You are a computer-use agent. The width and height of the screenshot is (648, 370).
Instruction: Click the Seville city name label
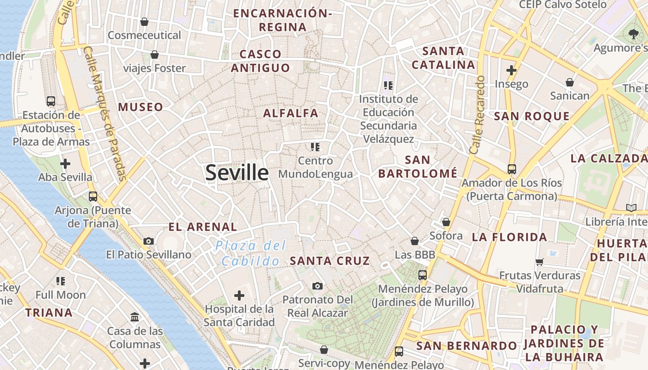pos(237,173)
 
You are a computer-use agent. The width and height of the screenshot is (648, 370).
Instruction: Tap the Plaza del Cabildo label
pos(251,253)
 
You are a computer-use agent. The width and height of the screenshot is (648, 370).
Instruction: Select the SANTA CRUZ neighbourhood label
pos(330,261)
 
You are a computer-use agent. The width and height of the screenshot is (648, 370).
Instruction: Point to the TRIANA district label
pos(49,313)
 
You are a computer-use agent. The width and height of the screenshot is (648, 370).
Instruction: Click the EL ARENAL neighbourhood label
pos(203,227)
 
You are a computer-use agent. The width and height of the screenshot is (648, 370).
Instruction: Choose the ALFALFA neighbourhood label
pos(291,113)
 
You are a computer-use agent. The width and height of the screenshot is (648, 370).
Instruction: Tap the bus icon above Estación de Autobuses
pos(51,101)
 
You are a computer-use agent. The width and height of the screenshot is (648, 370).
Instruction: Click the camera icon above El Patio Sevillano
pos(149,241)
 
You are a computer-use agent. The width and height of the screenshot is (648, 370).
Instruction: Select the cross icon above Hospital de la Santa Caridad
pos(239,295)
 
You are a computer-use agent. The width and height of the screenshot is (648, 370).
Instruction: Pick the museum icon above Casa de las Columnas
pos(135,317)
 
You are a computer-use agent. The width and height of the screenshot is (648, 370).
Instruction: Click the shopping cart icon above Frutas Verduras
pos(539,262)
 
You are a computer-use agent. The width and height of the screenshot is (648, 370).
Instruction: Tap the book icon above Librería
pos(631,208)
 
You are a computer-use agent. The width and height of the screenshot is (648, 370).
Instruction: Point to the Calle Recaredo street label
pos(477,115)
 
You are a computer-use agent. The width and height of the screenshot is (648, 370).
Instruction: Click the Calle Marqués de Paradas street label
pos(106,113)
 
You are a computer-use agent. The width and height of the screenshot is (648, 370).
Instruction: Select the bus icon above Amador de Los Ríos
pos(511,169)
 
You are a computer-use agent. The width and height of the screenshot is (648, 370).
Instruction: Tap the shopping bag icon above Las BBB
pos(415,241)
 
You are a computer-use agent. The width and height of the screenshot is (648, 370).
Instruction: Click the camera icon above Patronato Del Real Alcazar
pos(317,286)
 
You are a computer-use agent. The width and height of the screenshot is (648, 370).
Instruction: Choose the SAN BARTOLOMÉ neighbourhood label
pos(417,166)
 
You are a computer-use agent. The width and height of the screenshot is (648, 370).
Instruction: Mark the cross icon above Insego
pos(511,70)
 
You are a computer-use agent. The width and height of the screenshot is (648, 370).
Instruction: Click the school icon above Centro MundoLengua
pos(315,147)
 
